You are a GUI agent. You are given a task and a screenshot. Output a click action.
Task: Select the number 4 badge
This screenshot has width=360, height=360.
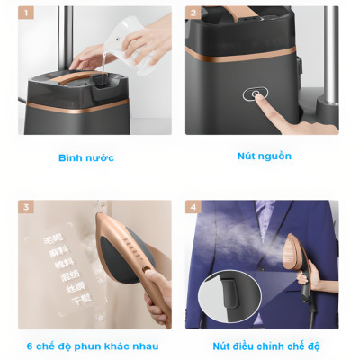[193, 208]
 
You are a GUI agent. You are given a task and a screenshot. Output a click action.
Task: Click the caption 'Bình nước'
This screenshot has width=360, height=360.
[86, 157]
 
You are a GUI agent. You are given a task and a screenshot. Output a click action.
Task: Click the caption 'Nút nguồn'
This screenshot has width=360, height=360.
[264, 156]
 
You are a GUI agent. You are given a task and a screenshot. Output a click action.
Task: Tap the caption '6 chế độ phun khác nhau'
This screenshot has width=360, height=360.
[93, 346]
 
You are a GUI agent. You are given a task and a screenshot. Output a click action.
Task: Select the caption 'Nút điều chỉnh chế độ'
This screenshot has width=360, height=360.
[265, 346]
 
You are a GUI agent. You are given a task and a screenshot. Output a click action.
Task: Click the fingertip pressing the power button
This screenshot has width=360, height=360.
[262, 101]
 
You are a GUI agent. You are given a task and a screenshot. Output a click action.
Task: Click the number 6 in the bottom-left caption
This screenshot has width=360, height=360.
[31, 346]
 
